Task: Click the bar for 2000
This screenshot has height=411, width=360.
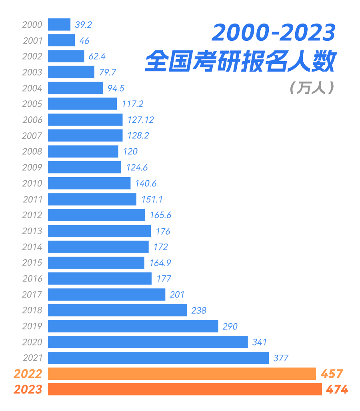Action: pyautogui.click(x=59, y=24)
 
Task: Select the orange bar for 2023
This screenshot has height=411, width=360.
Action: pyautogui.click(x=185, y=389)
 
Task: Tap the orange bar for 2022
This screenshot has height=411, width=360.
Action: pyautogui.click(x=182, y=373)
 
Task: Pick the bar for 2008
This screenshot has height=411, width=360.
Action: pyautogui.click(x=83, y=151)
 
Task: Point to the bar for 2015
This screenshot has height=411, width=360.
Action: pyautogui.click(x=96, y=263)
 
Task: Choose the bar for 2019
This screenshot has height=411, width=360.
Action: pyautogui.click(x=133, y=326)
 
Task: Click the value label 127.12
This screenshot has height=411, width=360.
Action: pyautogui.click(x=140, y=120)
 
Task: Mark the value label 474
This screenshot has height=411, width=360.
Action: pyautogui.click(x=337, y=389)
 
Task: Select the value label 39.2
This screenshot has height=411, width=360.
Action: pyautogui.click(x=84, y=25)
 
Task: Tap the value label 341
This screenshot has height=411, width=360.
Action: pyautogui.click(x=259, y=342)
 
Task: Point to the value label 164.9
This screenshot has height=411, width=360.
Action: pyautogui.click(x=160, y=263)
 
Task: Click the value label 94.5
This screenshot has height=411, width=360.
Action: pyautogui.click(x=116, y=88)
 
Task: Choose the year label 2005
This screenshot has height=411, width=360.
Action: pyautogui.click(x=32, y=104)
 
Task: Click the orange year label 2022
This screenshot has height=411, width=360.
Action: pyautogui.click(x=28, y=374)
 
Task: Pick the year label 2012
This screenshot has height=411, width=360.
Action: pyautogui.click(x=32, y=215)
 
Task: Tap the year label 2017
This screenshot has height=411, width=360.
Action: pyautogui.click(x=32, y=295)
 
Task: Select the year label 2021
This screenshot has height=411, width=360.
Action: pyautogui.click(x=32, y=358)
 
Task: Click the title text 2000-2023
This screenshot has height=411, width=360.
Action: pyautogui.click(x=274, y=33)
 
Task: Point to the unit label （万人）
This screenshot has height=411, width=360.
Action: pyautogui.click(x=311, y=88)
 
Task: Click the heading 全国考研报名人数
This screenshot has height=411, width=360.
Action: pyautogui.click(x=240, y=61)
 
